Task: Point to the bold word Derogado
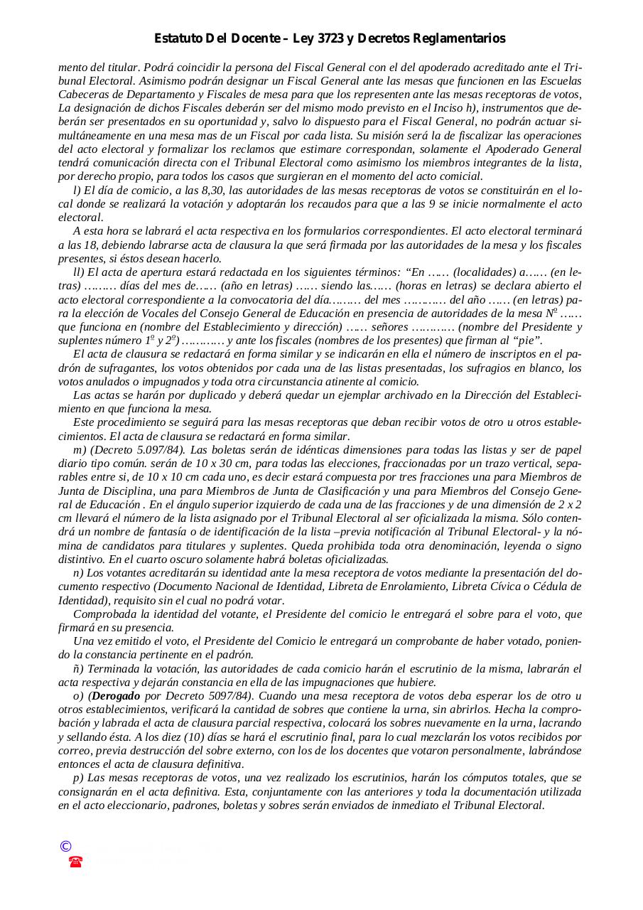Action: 116,696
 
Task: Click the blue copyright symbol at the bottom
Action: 65,846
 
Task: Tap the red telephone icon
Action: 75,862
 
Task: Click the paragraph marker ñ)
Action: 78,669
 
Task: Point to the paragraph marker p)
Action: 78,778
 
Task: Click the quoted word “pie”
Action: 526,341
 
